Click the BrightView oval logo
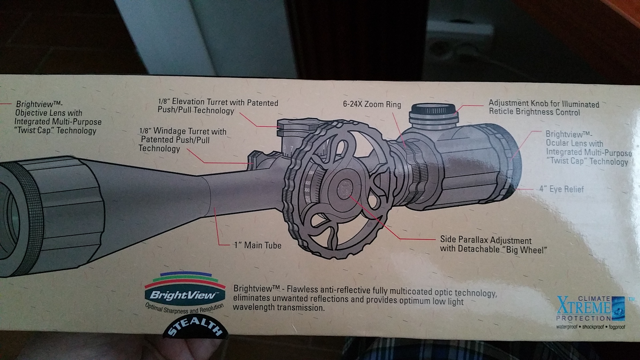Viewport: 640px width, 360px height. (x=185, y=295)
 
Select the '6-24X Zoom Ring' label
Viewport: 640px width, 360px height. (x=372, y=104)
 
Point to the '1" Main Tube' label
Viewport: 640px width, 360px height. (x=258, y=245)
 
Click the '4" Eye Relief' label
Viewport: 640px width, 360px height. (x=562, y=189)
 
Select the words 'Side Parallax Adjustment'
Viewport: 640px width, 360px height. (x=486, y=240)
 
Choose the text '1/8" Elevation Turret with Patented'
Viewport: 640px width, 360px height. (x=218, y=102)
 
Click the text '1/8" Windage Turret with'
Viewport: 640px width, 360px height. (x=183, y=131)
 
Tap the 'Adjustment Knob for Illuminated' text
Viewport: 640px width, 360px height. (x=544, y=104)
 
